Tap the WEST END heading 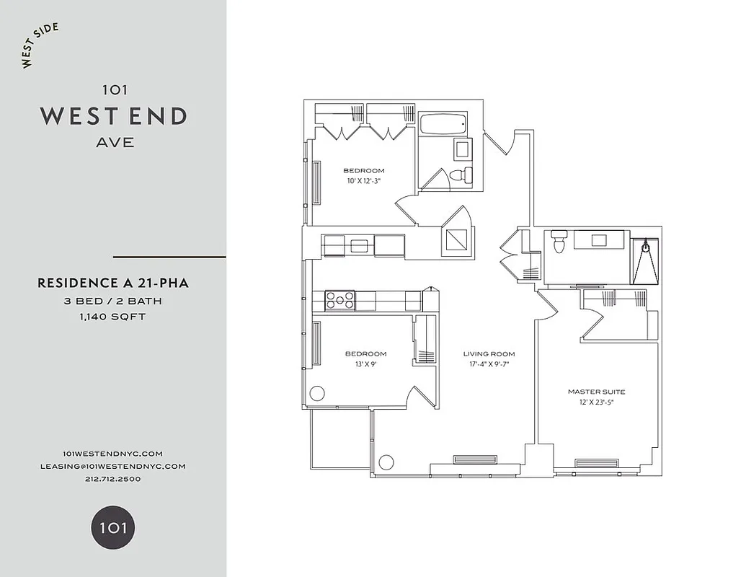(x=114, y=115)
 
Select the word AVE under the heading (x=115, y=142)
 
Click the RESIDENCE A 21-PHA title (x=113, y=283)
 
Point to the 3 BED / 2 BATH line (x=114, y=301)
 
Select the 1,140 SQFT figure (x=114, y=317)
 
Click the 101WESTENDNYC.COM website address (x=113, y=453)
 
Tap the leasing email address (x=113, y=466)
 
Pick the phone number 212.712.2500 (x=113, y=479)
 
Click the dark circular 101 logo (x=113, y=527)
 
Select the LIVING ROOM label (x=489, y=354)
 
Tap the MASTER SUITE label (x=597, y=392)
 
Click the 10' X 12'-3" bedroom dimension (x=363, y=181)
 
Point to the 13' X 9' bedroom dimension (x=365, y=364)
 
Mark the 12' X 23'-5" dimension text (x=597, y=402)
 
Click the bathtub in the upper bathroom (x=444, y=123)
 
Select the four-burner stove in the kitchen (x=340, y=299)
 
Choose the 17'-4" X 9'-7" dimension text (x=489, y=364)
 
